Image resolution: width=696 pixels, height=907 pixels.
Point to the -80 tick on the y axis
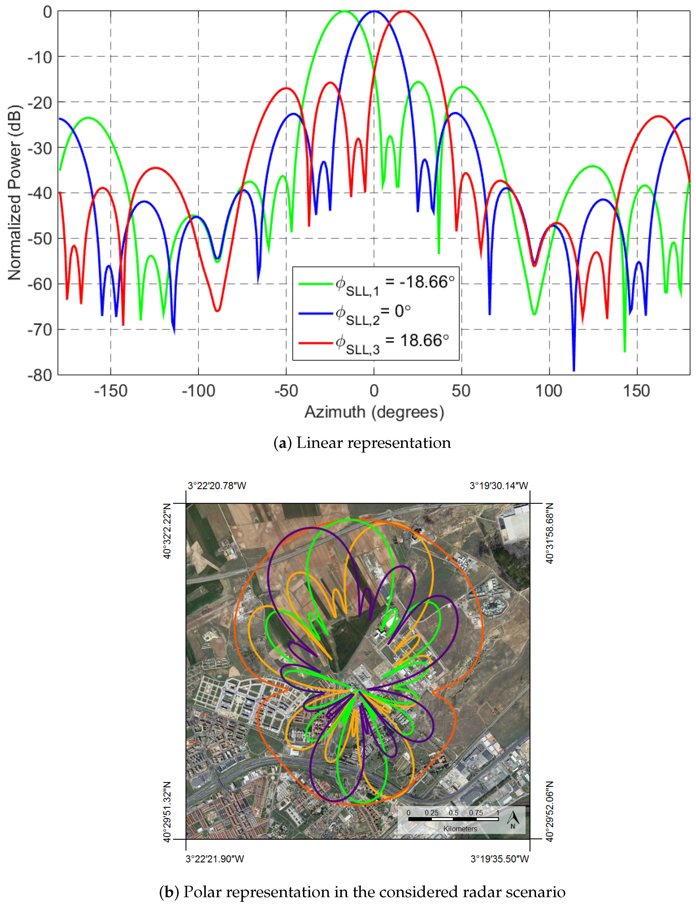point(40,375)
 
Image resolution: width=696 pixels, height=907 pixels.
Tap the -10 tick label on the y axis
point(40,57)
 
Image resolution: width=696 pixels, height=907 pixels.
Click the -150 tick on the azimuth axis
point(111,391)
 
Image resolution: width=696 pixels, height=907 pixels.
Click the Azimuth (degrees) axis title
point(374,412)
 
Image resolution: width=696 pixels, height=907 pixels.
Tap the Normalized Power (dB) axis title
point(15,193)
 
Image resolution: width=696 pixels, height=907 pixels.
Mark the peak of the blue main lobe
point(374,11)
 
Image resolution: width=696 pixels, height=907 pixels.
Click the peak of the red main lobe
point(404,11)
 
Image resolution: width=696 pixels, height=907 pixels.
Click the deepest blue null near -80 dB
point(574,370)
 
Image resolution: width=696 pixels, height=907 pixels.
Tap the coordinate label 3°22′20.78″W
point(217,486)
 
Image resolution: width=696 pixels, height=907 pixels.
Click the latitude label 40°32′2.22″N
point(167,531)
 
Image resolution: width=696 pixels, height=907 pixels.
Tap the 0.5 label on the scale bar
point(453,813)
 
